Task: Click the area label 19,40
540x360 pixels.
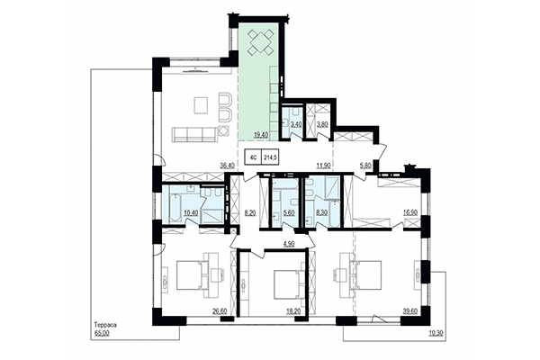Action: [261, 135]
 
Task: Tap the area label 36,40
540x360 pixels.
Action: [227, 166]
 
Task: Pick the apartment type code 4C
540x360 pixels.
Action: [254, 157]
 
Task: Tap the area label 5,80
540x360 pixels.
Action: [364, 166]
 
